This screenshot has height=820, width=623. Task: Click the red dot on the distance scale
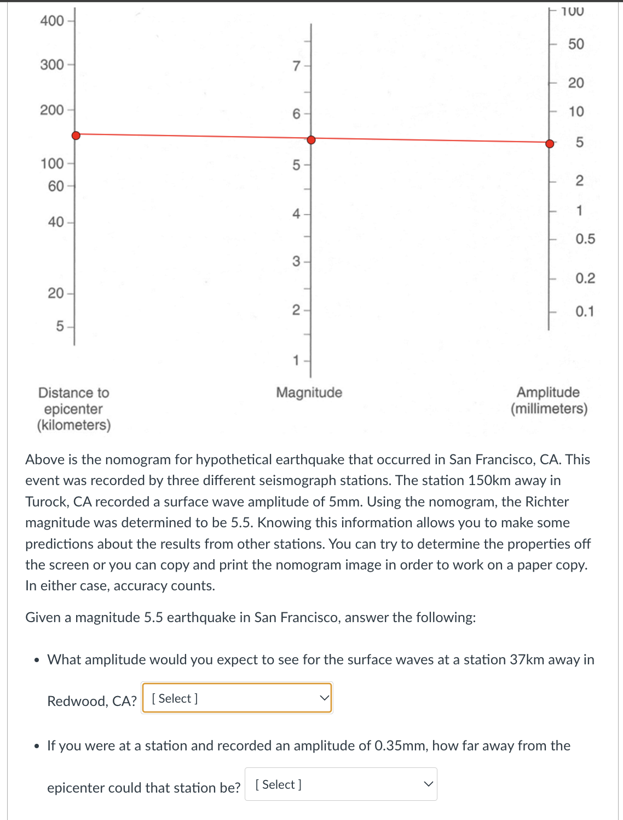[x=76, y=135]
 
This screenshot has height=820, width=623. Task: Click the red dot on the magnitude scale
[x=311, y=140]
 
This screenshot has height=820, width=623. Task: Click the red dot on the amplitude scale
[x=550, y=144]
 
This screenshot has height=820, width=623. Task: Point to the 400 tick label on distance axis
[x=52, y=21]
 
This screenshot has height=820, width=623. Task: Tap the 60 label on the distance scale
[x=56, y=186]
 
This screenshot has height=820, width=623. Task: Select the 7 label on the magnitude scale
[x=296, y=66]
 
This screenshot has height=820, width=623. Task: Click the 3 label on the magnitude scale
[x=296, y=261]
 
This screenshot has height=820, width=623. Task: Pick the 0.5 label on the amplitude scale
[x=585, y=239]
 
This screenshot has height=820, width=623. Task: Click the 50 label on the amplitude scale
[x=576, y=44]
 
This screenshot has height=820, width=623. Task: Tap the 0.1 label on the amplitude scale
[x=584, y=312]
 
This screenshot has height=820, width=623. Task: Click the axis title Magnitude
[x=309, y=392]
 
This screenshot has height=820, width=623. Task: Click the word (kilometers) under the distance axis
[x=74, y=425]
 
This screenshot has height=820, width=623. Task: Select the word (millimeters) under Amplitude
[x=549, y=409]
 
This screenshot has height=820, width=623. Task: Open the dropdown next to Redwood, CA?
[x=237, y=698]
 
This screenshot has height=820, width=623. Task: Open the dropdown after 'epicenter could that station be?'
[x=341, y=784]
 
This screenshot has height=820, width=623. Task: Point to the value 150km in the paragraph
[x=489, y=481]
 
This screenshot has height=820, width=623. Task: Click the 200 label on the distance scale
[x=52, y=110]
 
